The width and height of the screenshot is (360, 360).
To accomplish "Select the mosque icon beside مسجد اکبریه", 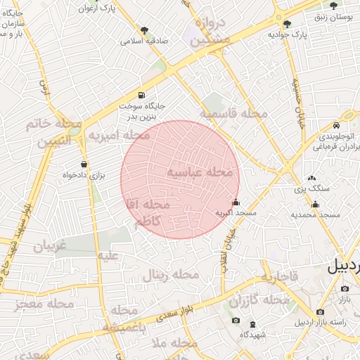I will pyautogui.click(x=235, y=203).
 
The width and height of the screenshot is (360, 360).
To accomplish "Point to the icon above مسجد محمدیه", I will pyautogui.click(x=315, y=205).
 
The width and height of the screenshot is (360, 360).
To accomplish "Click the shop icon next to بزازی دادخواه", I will pyautogui.click(x=84, y=165).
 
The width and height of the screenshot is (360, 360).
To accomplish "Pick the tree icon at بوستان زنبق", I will pyautogui.click(x=333, y=5).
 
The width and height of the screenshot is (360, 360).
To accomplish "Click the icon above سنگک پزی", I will pyautogui.click(x=311, y=179).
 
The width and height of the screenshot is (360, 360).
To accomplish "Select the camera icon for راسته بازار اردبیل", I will pyautogui.click(x=321, y=311).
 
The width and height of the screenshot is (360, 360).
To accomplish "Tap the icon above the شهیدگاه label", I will pyautogui.click(x=253, y=323).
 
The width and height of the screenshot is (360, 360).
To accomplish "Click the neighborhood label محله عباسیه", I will pyautogui.click(x=200, y=172).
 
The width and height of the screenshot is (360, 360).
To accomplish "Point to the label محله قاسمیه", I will pyautogui.click(x=233, y=113).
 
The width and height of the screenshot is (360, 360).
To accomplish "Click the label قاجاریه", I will pyautogui.click(x=280, y=277).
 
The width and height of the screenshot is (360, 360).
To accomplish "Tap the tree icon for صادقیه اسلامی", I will pyautogui.click(x=145, y=30).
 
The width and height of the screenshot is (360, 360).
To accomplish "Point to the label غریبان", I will pyautogui.click(x=50, y=246).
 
